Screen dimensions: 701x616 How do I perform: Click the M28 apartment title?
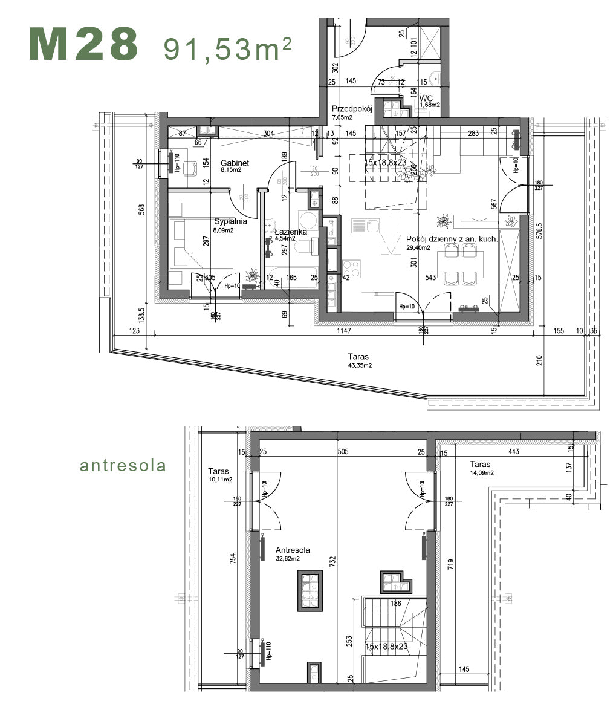click(x=83, y=44)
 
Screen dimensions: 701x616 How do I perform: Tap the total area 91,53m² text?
click(x=227, y=48)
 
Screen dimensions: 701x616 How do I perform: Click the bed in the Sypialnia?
click(x=202, y=244)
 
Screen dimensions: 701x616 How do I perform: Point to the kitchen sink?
click(x=365, y=226)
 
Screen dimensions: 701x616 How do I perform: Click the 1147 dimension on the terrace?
click(x=344, y=330)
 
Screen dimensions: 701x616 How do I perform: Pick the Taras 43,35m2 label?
click(x=358, y=360)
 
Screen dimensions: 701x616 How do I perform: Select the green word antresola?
click(x=123, y=466)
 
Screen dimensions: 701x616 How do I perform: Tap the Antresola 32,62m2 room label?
click(x=293, y=553)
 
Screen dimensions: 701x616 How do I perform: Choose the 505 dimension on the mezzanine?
click(x=343, y=451)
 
